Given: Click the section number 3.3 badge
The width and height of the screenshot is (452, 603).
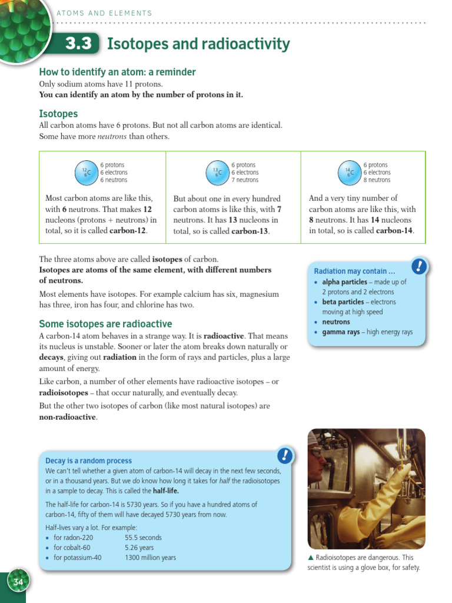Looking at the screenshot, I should coord(78,44).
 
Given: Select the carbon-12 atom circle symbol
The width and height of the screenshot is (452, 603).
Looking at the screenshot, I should coord(85,173).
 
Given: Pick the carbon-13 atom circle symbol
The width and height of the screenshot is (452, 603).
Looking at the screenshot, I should coord(218,173).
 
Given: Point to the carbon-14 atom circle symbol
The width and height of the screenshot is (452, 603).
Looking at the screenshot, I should coord(350,173).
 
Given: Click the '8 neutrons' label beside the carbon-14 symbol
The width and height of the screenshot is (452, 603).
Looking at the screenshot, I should coord(377,180).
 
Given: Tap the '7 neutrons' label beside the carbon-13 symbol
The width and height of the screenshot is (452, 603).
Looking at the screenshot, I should coord(245,180).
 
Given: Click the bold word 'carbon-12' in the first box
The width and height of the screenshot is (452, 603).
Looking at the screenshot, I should coord(128,231).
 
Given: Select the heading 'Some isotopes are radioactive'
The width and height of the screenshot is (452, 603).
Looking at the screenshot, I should coord(105,324).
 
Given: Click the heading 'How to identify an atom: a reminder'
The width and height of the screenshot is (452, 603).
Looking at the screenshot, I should coord(117,72).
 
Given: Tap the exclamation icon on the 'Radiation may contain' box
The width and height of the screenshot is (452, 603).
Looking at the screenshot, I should coord(418,266).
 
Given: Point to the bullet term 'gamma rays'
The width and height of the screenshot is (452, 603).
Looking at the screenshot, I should coord(341,332).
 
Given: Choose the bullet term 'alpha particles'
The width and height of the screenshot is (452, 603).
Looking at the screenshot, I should coord(344,282).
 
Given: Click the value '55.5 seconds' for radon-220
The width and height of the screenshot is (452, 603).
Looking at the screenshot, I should coord(143,538).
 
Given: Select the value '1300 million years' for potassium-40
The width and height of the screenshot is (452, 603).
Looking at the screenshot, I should coord(150,558).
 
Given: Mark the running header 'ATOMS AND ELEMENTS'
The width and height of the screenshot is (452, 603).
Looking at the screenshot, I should coord(104,13).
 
